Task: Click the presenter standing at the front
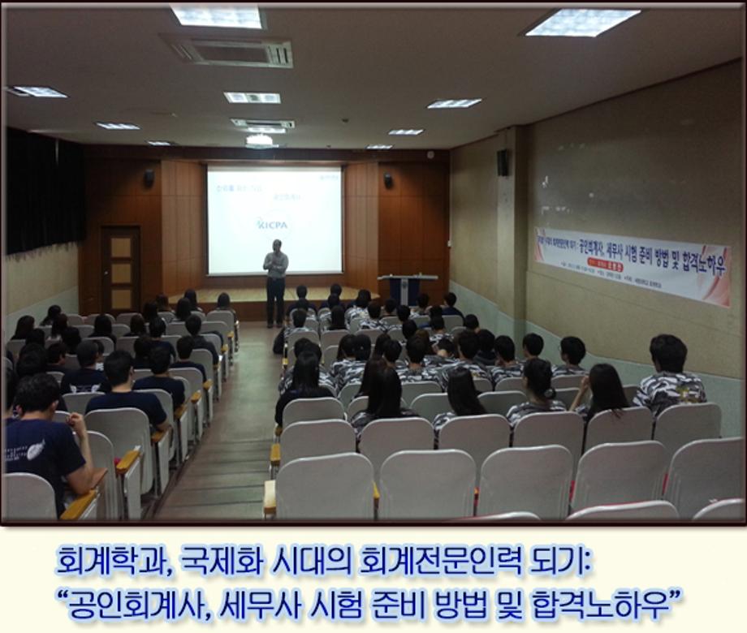[x=276, y=280]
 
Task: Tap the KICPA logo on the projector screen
[x=274, y=223]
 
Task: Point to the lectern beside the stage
[x=403, y=288]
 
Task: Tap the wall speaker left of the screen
[x=149, y=177]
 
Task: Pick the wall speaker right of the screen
[x=388, y=180]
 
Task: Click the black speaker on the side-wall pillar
[x=503, y=162]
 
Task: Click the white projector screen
[x=274, y=219]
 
